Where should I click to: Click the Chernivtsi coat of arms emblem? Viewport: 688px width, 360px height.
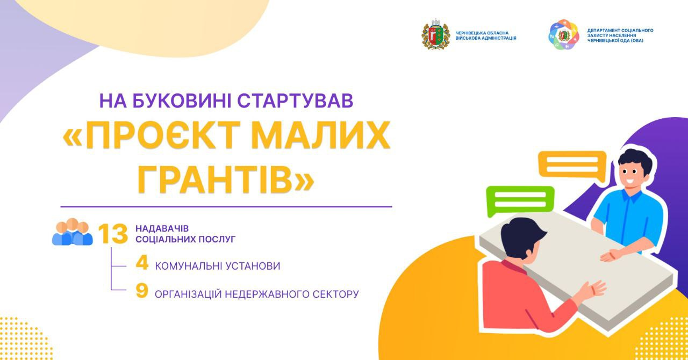pyautogui.click(x=435, y=34)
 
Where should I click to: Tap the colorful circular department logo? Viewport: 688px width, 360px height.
pyautogui.click(x=563, y=34)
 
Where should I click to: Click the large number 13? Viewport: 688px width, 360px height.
pyautogui.click(x=113, y=234)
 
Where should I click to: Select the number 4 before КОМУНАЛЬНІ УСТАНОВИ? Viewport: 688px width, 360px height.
pyautogui.click(x=142, y=263)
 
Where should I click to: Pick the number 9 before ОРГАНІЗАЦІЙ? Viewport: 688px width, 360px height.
pyautogui.click(x=142, y=291)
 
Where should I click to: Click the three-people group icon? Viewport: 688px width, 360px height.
pyautogui.click(x=72, y=232)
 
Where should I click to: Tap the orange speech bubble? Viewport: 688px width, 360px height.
pyautogui.click(x=572, y=166)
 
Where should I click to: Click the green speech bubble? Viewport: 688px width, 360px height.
pyautogui.click(x=520, y=200)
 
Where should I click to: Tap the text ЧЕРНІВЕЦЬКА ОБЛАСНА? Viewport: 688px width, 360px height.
pyautogui.click(x=482, y=33)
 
